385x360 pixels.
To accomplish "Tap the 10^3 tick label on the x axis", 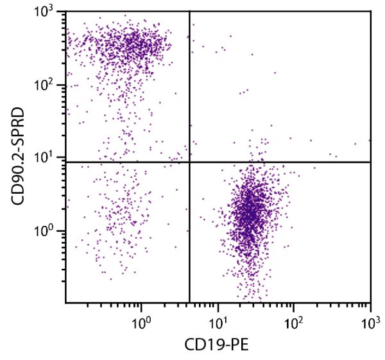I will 370,319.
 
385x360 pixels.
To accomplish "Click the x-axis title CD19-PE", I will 218,345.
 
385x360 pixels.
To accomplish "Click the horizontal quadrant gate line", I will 289,162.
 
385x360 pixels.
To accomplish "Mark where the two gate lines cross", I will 189,162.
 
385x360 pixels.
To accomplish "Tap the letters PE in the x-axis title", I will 239,345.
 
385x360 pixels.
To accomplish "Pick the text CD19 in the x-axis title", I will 207,345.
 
